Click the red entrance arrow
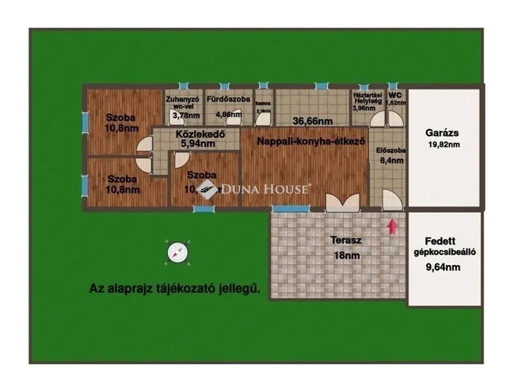click(x=391, y=226)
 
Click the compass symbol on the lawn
click(x=177, y=253)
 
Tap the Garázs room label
click(x=444, y=133)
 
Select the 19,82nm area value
click(x=444, y=146)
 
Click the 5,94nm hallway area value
click(x=197, y=144)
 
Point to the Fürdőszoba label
click(x=228, y=100)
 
